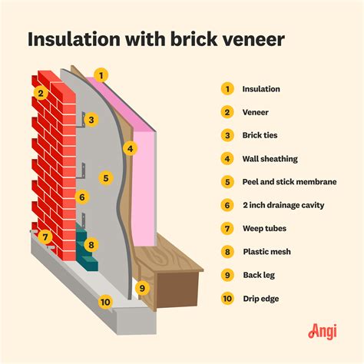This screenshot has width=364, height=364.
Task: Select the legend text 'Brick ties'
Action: pos(261,135)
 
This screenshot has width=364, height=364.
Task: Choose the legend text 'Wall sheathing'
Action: pos(270,159)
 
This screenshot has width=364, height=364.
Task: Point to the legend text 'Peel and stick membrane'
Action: pos(290,182)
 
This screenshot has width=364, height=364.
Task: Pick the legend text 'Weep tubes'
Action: pos(265,228)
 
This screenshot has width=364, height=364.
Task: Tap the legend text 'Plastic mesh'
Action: pos(266,251)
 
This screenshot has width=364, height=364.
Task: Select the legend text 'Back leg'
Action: pos(259,274)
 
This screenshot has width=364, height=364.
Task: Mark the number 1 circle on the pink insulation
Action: pos(101,75)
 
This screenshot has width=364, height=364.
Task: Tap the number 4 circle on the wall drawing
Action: pos(131,148)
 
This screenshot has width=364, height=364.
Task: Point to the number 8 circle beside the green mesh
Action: pos(91,246)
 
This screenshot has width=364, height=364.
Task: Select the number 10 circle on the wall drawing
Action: pos(104,302)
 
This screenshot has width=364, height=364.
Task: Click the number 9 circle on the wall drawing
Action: pos(141,289)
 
